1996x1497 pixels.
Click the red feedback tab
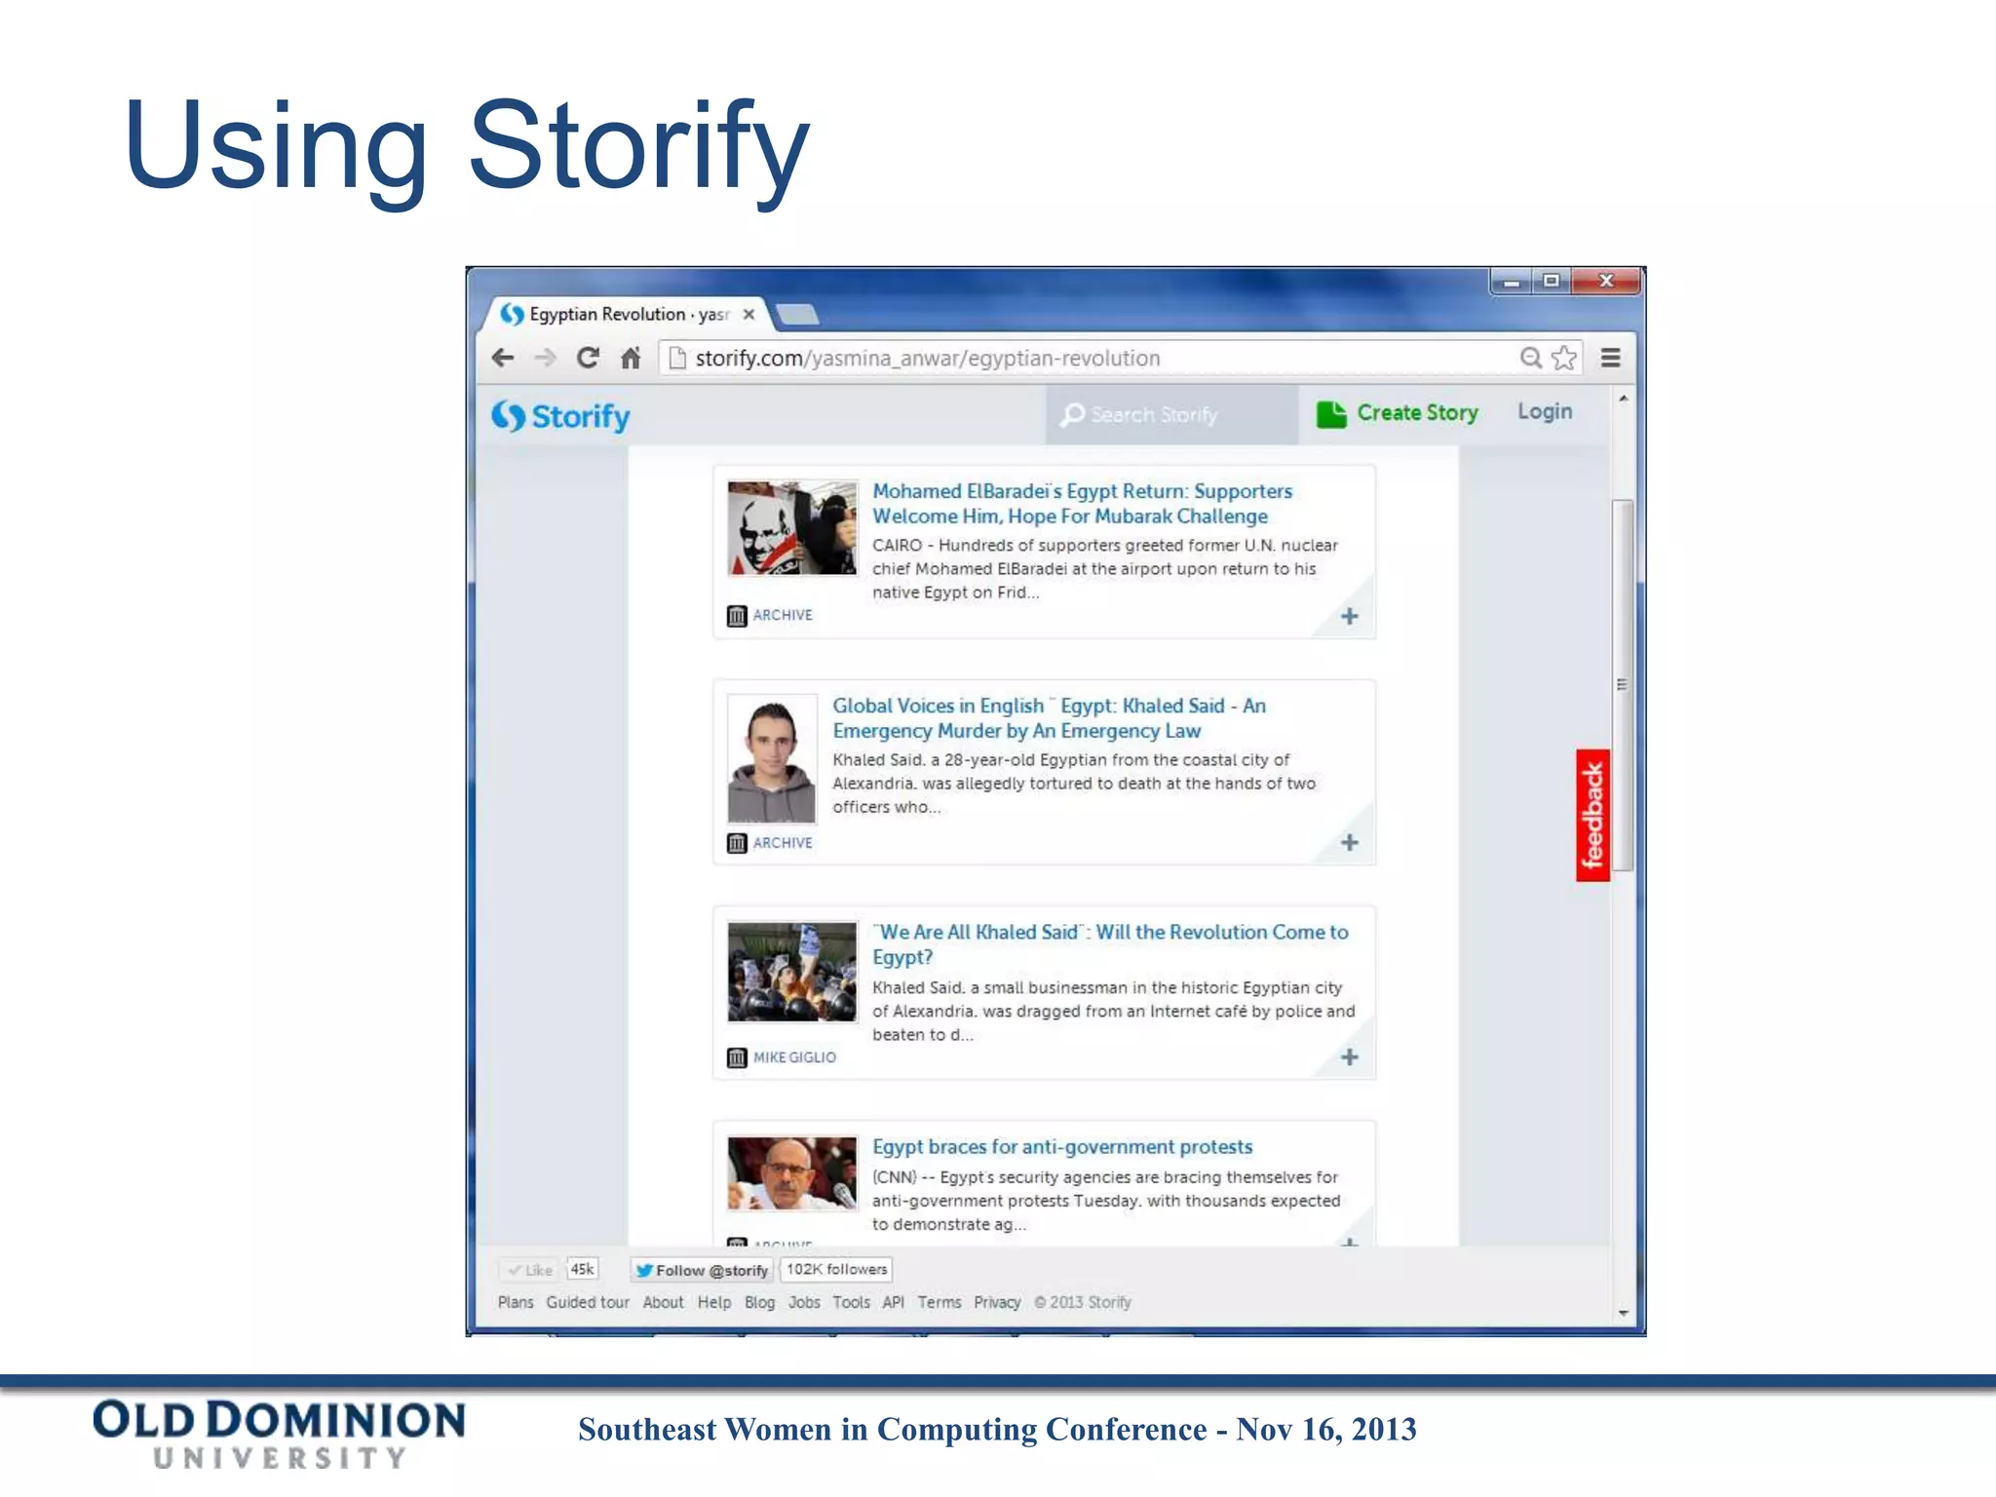pos(1593,815)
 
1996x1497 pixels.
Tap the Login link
pos(1545,412)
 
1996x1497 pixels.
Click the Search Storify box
pos(1170,415)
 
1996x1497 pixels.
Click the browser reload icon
pos(588,358)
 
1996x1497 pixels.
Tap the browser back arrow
pos(503,358)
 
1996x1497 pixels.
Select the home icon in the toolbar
pos(631,358)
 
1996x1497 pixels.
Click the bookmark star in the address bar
pos(1564,358)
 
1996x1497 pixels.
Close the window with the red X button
pos(1607,281)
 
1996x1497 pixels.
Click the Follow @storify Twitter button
pos(702,1270)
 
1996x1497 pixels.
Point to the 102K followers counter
pos(836,1269)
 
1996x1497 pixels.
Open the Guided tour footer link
pos(588,1302)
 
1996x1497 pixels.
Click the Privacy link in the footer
pos(997,1302)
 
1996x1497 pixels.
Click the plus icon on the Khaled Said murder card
pos(1350,842)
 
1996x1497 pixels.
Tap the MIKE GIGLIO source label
pos(794,1057)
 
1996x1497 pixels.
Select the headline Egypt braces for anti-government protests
pos(1062,1147)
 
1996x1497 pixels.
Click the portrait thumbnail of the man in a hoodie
pos(772,759)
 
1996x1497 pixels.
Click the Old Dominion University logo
pos(280,1433)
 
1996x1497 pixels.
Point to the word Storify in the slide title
pos(639,146)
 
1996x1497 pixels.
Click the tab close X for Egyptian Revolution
pos(748,314)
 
